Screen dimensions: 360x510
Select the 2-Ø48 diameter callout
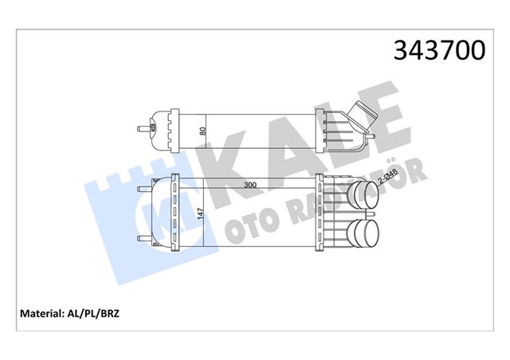tap(386, 176)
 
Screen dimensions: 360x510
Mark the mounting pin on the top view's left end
tap(143, 127)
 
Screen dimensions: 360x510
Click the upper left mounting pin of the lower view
tap(144, 190)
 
